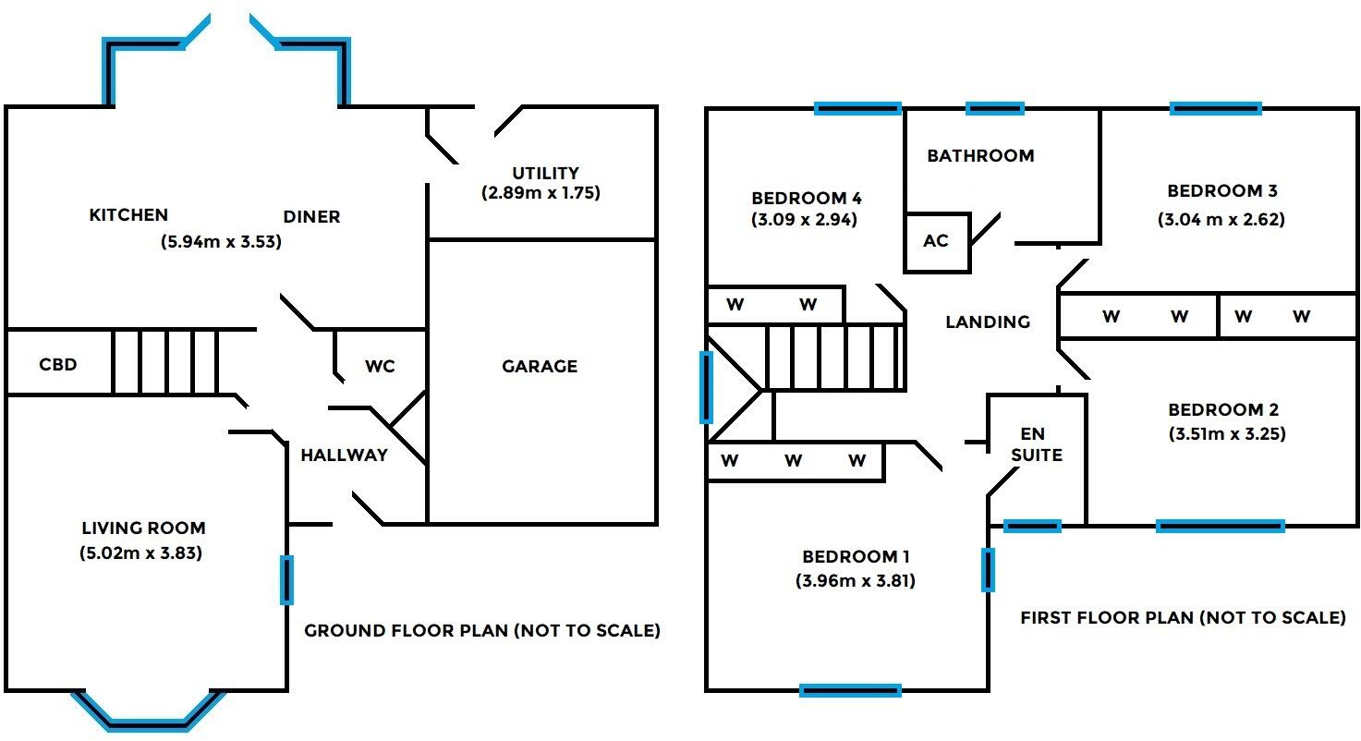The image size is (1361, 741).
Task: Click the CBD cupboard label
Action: click(x=57, y=364)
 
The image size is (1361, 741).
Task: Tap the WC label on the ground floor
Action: click(x=380, y=367)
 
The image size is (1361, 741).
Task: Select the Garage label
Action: click(x=540, y=367)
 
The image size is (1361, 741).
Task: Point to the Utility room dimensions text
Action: click(x=541, y=194)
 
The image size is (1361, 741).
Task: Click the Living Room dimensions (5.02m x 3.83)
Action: click(x=142, y=553)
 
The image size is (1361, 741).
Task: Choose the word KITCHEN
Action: click(x=128, y=215)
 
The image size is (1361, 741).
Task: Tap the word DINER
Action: click(x=311, y=217)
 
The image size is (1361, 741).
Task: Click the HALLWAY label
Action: click(x=344, y=455)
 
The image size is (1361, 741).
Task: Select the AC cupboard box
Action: click(x=936, y=242)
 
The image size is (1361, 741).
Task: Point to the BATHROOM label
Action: click(x=980, y=155)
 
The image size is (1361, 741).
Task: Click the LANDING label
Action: click(x=988, y=322)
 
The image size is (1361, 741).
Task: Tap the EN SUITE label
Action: click(x=1036, y=444)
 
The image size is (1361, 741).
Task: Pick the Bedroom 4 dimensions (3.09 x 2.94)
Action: click(x=806, y=220)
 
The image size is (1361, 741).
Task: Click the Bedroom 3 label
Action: click(x=1221, y=191)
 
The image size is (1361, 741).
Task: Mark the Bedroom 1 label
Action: click(x=856, y=556)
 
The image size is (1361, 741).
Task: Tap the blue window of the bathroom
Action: click(x=994, y=109)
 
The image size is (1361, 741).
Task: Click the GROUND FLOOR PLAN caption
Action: click(x=482, y=631)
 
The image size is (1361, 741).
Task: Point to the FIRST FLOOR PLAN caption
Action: click(x=1182, y=617)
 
